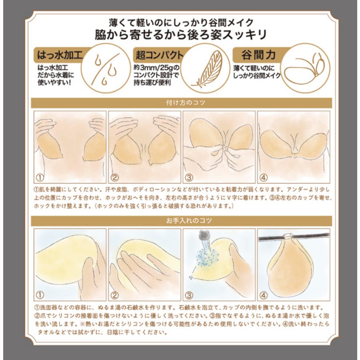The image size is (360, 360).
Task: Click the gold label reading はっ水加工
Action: pyautogui.click(x=60, y=55)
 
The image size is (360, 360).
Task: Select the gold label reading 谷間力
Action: pyautogui.click(x=258, y=55)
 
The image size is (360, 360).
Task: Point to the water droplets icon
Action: pyautogui.click(x=106, y=68)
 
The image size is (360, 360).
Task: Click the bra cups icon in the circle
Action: pyautogui.click(x=305, y=68)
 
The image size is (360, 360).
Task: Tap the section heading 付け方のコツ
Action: pyautogui.click(x=185, y=103)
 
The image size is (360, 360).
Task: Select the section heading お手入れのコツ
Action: pyautogui.click(x=189, y=221)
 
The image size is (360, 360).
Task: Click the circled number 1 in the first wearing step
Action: pyautogui.click(x=40, y=177)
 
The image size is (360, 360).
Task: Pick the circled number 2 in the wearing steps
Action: pyautogui.click(x=114, y=177)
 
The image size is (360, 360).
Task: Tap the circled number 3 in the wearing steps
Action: pyautogui.click(x=189, y=177)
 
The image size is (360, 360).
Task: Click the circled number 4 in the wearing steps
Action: pyautogui.click(x=263, y=177)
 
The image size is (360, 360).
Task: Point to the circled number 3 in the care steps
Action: pyautogui.click(x=189, y=295)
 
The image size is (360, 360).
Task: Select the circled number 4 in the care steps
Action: pyautogui.click(x=263, y=295)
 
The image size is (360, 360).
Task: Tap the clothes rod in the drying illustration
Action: pyautogui.click(x=294, y=237)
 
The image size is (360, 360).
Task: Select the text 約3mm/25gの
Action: pyautogui.click(x=156, y=68)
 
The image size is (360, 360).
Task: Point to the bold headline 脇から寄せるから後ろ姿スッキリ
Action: pyautogui.click(x=180, y=35)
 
